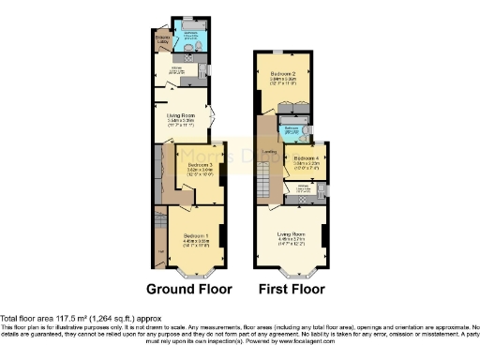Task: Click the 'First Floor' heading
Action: (290, 289)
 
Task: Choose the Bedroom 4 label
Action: (307, 159)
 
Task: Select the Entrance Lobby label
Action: (162, 39)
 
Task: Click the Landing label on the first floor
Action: (269, 151)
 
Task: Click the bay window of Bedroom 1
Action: (196, 276)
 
